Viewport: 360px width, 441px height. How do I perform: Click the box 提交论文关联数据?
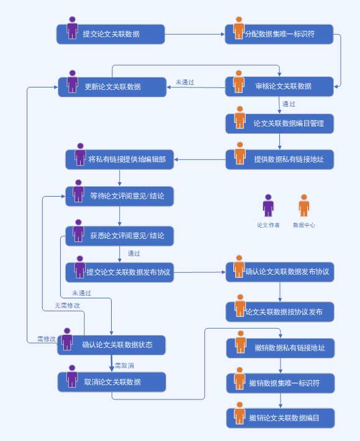click(110, 34)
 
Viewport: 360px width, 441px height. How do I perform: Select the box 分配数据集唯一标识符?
click(279, 34)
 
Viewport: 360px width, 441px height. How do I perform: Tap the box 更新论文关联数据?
click(112, 87)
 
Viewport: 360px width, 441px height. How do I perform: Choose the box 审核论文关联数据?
click(279, 86)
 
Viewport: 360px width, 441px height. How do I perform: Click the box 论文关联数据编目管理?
click(280, 124)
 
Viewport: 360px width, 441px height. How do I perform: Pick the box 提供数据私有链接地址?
click(280, 159)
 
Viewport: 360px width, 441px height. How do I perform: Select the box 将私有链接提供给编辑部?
click(120, 159)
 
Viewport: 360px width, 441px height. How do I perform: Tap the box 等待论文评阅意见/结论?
click(120, 196)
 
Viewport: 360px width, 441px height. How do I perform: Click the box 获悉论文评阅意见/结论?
click(120, 236)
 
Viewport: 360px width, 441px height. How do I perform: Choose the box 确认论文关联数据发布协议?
click(280, 272)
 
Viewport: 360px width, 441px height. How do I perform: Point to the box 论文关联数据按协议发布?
click(280, 311)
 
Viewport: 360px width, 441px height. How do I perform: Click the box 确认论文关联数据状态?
click(112, 345)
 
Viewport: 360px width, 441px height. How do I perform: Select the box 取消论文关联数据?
click(112, 382)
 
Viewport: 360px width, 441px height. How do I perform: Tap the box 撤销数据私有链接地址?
click(281, 348)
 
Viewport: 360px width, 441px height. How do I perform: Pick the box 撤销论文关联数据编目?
click(281, 418)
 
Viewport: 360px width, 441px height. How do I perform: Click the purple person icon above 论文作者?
click(268, 205)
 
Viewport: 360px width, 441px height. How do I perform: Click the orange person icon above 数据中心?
click(304, 205)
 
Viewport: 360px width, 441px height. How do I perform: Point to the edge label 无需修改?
click(67, 305)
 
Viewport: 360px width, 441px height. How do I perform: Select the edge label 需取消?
click(124, 365)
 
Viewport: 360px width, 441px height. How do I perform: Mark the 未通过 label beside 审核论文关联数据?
click(185, 82)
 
